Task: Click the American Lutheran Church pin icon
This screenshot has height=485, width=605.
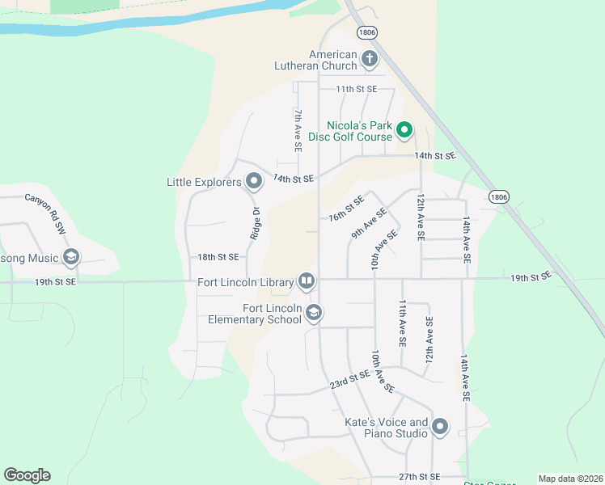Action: point(370,58)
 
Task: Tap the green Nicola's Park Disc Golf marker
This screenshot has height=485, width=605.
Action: point(404,129)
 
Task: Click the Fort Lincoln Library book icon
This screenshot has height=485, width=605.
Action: point(307,281)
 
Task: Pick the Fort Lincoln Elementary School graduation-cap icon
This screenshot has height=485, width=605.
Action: point(314,312)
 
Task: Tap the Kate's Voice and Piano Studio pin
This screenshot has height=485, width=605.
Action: point(440,427)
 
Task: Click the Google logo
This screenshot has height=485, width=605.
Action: point(27,475)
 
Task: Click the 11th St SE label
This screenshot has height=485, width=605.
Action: point(357,89)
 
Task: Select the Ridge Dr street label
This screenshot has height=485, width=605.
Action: point(256,223)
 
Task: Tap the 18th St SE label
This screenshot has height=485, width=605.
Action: point(218,257)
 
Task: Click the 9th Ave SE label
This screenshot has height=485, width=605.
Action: point(369,223)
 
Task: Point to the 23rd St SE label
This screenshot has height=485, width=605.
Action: point(349,380)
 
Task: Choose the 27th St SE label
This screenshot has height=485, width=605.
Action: point(419,477)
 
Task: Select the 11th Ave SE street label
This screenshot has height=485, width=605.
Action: point(403,323)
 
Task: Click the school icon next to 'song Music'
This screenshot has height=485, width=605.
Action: point(71,258)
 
